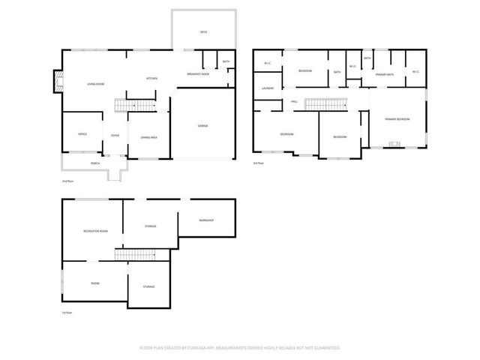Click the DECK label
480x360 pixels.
click(x=203, y=32)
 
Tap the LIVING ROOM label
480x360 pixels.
click(x=95, y=84)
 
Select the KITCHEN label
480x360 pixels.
click(x=151, y=79)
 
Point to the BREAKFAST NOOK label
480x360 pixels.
click(x=198, y=74)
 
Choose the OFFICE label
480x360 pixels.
click(x=82, y=134)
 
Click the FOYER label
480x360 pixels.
click(x=115, y=135)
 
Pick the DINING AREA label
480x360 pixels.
click(x=148, y=137)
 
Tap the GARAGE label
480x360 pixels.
click(x=202, y=125)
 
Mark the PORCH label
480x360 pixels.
click(x=95, y=163)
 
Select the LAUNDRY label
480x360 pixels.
click(x=267, y=88)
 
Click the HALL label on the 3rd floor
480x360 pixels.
click(x=295, y=100)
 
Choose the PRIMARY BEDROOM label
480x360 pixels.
click(x=397, y=119)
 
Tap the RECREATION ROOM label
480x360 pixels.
click(x=96, y=231)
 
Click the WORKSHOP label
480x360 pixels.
click(x=206, y=220)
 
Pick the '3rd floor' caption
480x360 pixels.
click(x=259, y=163)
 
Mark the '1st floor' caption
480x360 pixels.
click(x=67, y=313)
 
